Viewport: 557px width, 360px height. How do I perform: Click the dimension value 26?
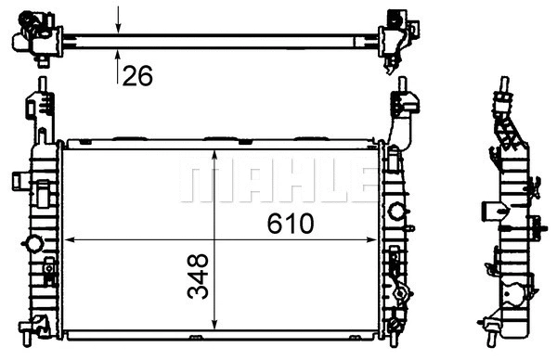click(x=137, y=76)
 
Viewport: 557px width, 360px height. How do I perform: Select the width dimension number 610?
click(x=291, y=224)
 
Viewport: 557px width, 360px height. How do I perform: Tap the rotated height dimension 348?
click(x=198, y=276)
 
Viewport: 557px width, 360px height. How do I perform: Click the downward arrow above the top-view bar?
click(x=118, y=19)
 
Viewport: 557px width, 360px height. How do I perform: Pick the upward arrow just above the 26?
click(x=118, y=67)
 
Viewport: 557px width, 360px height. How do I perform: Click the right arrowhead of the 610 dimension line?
click(x=371, y=240)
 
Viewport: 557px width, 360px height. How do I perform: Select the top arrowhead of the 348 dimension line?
click(x=214, y=155)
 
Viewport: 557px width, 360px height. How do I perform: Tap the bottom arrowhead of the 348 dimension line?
click(x=214, y=324)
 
